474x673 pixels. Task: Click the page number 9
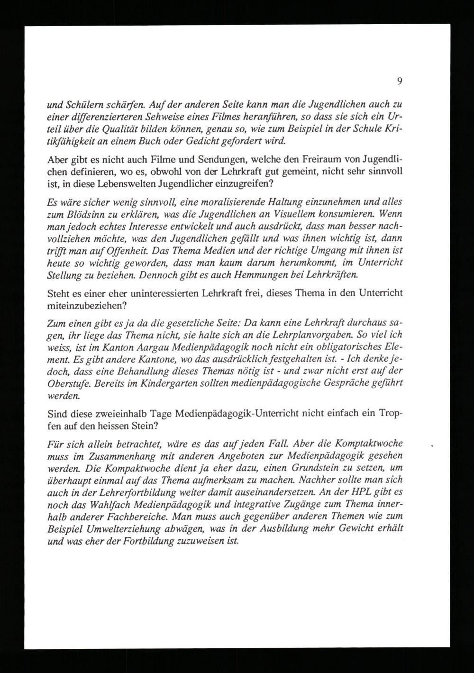pos(400,82)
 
